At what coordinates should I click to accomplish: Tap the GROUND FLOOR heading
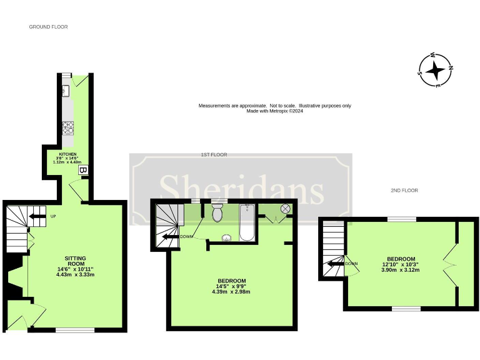click(48, 27)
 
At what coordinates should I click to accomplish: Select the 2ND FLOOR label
click(404, 190)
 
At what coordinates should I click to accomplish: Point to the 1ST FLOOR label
click(214, 154)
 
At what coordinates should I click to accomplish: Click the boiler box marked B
click(82, 169)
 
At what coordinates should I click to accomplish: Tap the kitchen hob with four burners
click(67, 129)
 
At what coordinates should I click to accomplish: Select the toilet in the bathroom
click(217, 214)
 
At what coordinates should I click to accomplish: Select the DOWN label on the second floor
click(351, 263)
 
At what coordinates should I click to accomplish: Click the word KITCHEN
click(67, 154)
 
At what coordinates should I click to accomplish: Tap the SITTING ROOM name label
click(75, 261)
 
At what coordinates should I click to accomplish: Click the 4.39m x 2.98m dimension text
click(231, 292)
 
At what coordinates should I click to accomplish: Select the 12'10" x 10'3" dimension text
click(401, 264)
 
